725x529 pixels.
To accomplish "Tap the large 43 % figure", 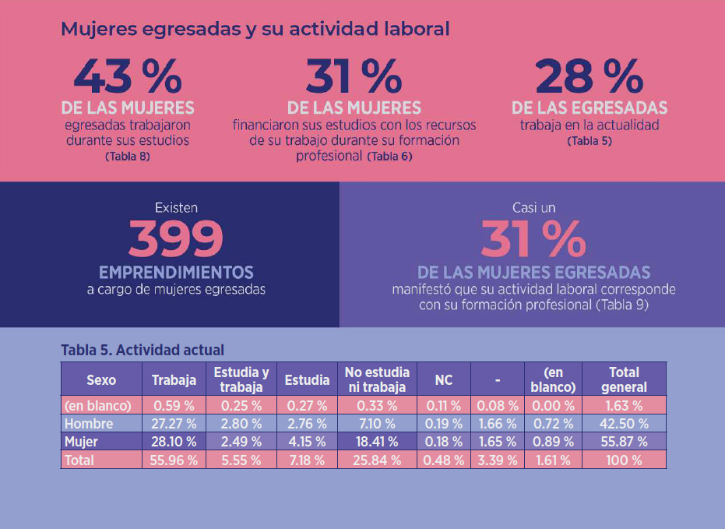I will click(x=128, y=76).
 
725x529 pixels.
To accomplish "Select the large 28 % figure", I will click(x=589, y=76).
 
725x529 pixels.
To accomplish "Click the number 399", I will click(x=176, y=239).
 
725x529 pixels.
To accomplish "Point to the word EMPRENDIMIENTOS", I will click(x=176, y=273).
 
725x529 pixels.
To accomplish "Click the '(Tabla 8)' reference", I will click(x=127, y=156).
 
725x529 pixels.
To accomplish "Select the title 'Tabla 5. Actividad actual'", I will click(x=143, y=351).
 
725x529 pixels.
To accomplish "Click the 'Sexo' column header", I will click(x=101, y=380).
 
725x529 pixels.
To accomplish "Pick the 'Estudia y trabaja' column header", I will click(x=241, y=380).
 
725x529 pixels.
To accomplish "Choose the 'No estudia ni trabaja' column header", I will click(x=377, y=380).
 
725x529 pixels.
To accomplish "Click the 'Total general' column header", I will click(x=624, y=380).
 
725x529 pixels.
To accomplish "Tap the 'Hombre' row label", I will click(x=89, y=424).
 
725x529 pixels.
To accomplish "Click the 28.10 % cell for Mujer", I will click(x=174, y=442).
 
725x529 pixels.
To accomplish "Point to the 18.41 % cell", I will click(x=377, y=442).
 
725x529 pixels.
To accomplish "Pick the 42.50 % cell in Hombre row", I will click(x=624, y=424).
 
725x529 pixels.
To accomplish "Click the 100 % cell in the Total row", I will click(x=624, y=460).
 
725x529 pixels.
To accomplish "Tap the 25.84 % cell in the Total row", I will click(x=377, y=460).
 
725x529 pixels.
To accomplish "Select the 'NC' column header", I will click(x=443, y=380).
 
